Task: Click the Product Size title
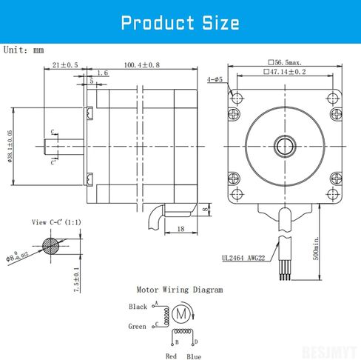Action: [180, 21]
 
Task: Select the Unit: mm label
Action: [24, 50]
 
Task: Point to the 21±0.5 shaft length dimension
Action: [66, 65]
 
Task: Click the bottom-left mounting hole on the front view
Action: [237, 195]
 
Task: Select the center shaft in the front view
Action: [283, 146]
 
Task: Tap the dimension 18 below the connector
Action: [180, 231]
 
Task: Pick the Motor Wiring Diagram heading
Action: [179, 290]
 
